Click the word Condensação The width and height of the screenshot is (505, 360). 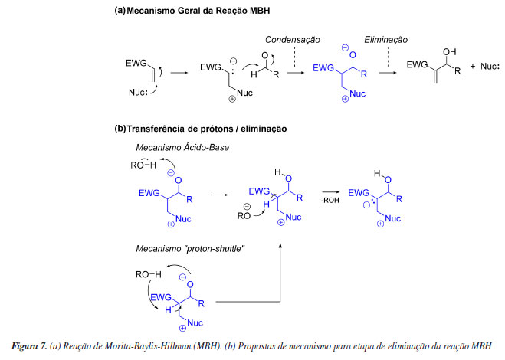tap(292, 38)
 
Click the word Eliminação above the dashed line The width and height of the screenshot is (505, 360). tap(385, 38)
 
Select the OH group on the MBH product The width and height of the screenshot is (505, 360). tap(451, 52)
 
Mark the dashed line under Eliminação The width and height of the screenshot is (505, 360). tap(387, 56)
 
